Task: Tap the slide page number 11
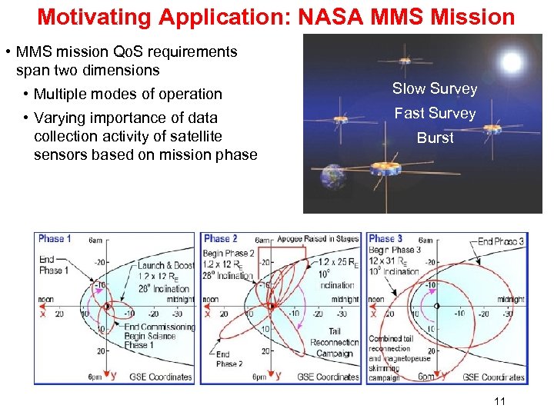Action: pos(499,400)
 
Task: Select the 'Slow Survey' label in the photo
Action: pos(435,88)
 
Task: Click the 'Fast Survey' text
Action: pos(435,113)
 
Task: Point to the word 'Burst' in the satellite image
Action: pos(435,138)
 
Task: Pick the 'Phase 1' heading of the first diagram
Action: pos(55,239)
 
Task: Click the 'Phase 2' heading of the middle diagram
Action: pos(221,239)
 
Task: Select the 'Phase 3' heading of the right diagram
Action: pos(385,239)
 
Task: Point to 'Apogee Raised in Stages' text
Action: pos(317,239)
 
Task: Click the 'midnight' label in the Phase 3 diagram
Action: pos(511,300)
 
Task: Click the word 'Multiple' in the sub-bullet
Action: pos(61,95)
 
